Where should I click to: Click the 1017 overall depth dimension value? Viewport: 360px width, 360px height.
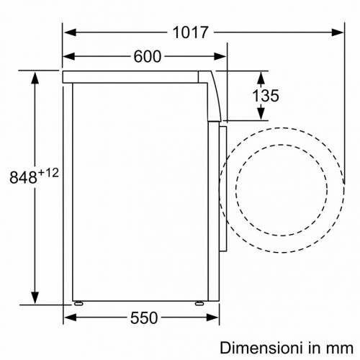190,32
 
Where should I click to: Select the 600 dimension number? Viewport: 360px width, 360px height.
147,57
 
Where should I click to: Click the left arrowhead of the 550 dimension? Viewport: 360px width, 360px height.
69,318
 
